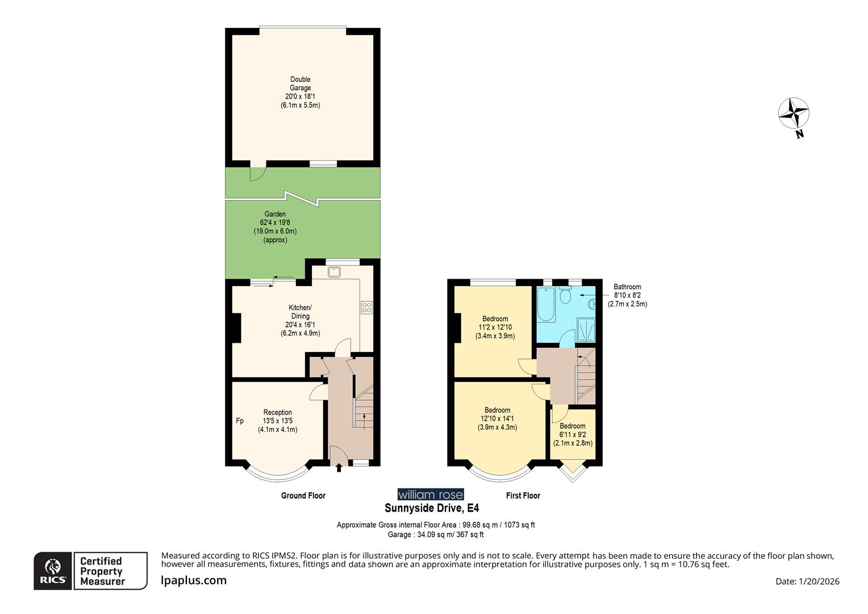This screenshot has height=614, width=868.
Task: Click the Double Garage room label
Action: [300, 84]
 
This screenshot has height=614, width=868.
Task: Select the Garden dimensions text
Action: [275, 231]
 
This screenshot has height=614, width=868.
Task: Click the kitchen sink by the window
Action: [334, 272]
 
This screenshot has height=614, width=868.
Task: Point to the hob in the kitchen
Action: [366, 308]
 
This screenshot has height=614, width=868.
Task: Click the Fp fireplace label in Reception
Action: [240, 421]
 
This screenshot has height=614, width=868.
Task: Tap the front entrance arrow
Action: [339, 467]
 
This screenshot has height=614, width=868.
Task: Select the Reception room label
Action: [277, 412]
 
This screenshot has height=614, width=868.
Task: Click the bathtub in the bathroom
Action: [546, 305]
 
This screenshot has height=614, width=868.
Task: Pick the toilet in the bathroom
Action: [565, 295]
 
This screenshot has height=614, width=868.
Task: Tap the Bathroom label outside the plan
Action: [627, 287]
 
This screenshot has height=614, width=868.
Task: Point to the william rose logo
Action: [431, 495]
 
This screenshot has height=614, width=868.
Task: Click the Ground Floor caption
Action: [303, 496]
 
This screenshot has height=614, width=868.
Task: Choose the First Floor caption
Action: [523, 496]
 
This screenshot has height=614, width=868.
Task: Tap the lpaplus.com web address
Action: [194, 580]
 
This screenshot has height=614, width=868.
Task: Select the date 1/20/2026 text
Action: [807, 581]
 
